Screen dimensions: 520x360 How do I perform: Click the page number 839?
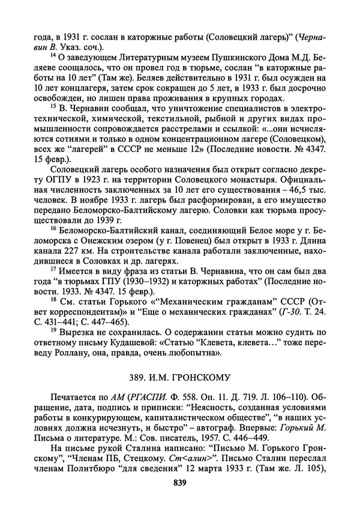click(180, 483)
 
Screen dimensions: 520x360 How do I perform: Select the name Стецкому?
click(137, 461)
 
